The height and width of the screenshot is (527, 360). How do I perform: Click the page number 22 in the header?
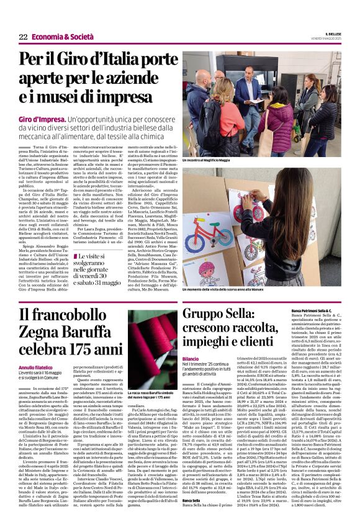coord(23,37)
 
